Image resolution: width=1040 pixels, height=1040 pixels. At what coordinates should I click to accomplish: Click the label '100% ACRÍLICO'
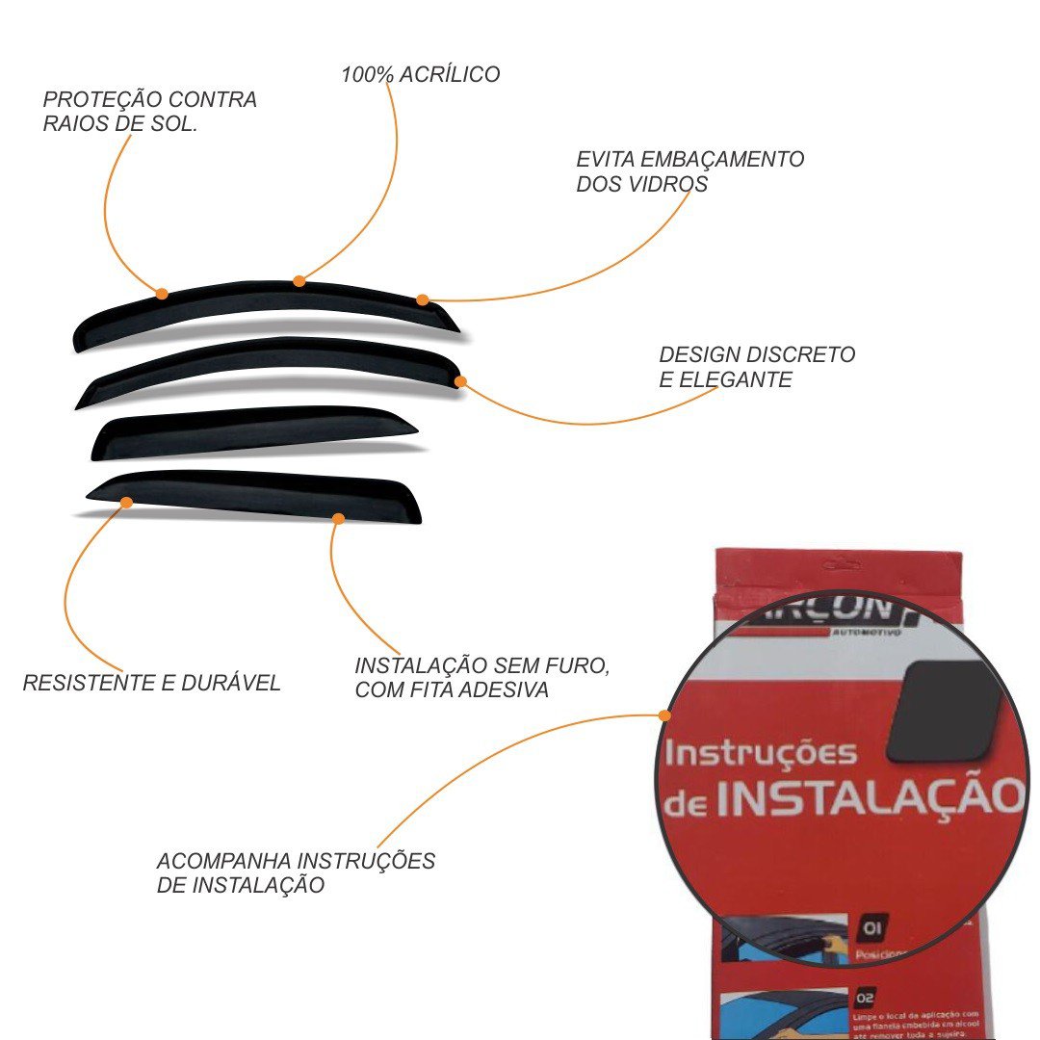420,74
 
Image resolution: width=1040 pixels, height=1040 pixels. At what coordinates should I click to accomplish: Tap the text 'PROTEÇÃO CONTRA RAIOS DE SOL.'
150,112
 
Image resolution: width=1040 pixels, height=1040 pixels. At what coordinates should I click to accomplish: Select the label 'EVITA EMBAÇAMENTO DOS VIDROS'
689,171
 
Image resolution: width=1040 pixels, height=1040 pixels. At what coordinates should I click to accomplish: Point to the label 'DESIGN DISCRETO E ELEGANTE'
757,367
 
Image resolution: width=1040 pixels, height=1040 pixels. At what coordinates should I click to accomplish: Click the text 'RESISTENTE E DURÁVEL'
151,683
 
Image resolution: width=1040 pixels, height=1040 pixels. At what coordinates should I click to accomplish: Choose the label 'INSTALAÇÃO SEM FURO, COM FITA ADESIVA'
482,677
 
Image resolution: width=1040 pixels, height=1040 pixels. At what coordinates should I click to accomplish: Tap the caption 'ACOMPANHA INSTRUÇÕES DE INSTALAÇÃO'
296,872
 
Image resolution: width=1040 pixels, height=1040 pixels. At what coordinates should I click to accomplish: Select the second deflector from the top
270,360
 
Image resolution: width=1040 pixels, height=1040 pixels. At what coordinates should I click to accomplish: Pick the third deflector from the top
250,429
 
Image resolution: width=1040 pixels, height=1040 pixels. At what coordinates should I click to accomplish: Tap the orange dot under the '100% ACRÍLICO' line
299,281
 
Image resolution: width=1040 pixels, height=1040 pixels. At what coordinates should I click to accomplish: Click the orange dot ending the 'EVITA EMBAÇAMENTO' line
422,300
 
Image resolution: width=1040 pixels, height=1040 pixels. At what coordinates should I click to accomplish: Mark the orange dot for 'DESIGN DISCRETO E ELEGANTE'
460,381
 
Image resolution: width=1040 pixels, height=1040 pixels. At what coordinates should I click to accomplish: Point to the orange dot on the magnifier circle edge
663,715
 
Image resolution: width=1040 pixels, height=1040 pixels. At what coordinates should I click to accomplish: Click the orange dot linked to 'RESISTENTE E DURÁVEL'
126,501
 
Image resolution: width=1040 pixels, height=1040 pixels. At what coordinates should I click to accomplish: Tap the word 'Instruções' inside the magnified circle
760,753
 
